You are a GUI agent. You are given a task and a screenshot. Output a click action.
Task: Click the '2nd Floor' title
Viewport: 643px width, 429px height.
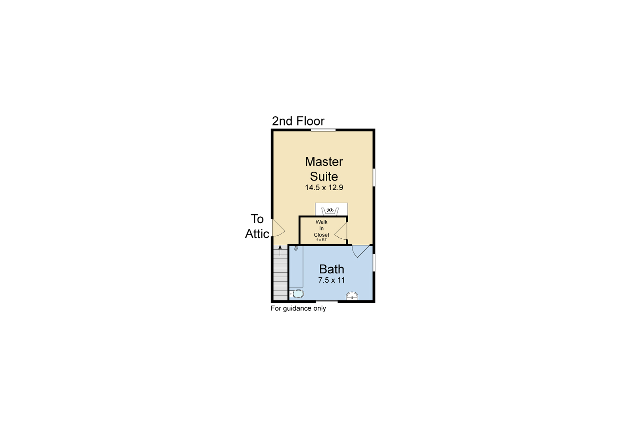(298, 121)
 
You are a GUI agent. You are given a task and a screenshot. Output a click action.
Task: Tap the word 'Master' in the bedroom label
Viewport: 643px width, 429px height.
(324, 162)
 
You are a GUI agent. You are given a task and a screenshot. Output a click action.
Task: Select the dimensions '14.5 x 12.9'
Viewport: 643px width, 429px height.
(324, 188)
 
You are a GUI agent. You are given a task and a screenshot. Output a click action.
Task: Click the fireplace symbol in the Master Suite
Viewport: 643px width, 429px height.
(330, 211)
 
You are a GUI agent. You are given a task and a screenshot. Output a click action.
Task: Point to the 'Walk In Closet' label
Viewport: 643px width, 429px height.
(321, 228)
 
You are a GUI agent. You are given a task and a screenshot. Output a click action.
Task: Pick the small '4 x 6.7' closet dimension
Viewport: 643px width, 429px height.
(321, 240)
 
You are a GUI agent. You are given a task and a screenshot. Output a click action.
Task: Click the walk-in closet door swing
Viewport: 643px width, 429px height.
(341, 231)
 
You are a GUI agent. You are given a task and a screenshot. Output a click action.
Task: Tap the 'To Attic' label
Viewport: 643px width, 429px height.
(257, 226)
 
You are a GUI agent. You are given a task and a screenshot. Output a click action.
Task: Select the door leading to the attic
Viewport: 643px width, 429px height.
(278, 228)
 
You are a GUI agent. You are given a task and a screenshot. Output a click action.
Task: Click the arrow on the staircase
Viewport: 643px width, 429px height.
(280, 250)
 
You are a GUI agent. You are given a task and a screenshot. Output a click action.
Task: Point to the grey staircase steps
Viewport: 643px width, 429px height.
(280, 273)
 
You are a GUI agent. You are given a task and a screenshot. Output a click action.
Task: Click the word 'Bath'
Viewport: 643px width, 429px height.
(332, 269)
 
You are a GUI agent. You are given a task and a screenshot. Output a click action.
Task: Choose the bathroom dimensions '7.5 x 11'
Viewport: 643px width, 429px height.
(332, 280)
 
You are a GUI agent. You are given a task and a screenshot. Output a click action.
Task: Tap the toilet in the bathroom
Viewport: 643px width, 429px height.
(296, 294)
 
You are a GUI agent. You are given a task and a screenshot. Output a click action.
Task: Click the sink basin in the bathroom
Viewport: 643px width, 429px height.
(352, 296)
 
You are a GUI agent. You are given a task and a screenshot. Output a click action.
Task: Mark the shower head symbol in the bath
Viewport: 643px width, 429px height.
(296, 248)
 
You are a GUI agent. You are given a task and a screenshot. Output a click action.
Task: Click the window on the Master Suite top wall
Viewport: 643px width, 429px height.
(323, 130)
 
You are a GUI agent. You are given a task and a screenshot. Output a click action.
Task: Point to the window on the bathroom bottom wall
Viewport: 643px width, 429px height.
(327, 302)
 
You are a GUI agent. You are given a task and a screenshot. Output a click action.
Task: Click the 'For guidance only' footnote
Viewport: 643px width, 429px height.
(298, 308)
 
